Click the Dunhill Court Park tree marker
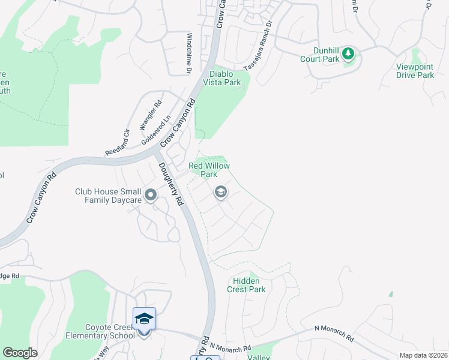(x=348, y=55)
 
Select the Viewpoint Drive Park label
(x=415, y=71)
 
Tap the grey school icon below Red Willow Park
(x=220, y=192)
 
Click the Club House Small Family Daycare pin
(x=151, y=195)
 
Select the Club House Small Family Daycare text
(x=108, y=196)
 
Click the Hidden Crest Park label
(x=246, y=285)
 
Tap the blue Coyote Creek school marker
(x=144, y=319)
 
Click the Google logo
(x=20, y=353)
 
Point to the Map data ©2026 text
(x=423, y=355)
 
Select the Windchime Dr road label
(x=188, y=53)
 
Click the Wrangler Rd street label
(x=151, y=115)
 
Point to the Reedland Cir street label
(x=117, y=143)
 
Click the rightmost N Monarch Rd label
(x=334, y=334)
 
